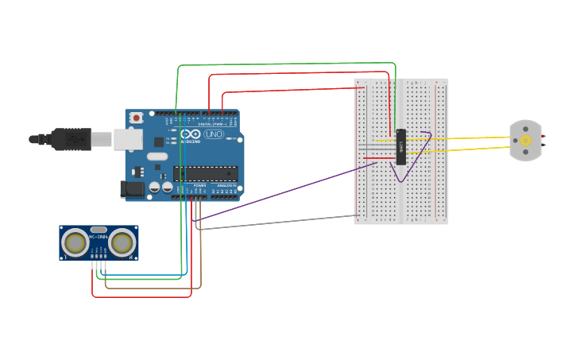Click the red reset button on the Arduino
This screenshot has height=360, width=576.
[136, 118]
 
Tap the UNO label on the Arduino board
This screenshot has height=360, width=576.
[214, 134]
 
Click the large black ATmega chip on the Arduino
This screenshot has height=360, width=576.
[205, 173]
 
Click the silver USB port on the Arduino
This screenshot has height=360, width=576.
[127, 139]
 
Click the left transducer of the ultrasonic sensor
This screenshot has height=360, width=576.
[76, 243]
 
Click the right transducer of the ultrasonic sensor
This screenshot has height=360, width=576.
[122, 243]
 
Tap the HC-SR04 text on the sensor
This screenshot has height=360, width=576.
[99, 237]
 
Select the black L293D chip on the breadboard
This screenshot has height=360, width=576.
[401, 147]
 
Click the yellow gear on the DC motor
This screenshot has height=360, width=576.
[525, 141]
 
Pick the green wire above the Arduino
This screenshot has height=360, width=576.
[286, 64]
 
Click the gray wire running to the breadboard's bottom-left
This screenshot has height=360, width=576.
[278, 222]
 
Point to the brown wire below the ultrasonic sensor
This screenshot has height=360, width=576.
[151, 288]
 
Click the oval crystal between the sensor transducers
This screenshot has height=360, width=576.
[99, 230]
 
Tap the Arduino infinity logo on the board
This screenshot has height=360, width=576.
[191, 134]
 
